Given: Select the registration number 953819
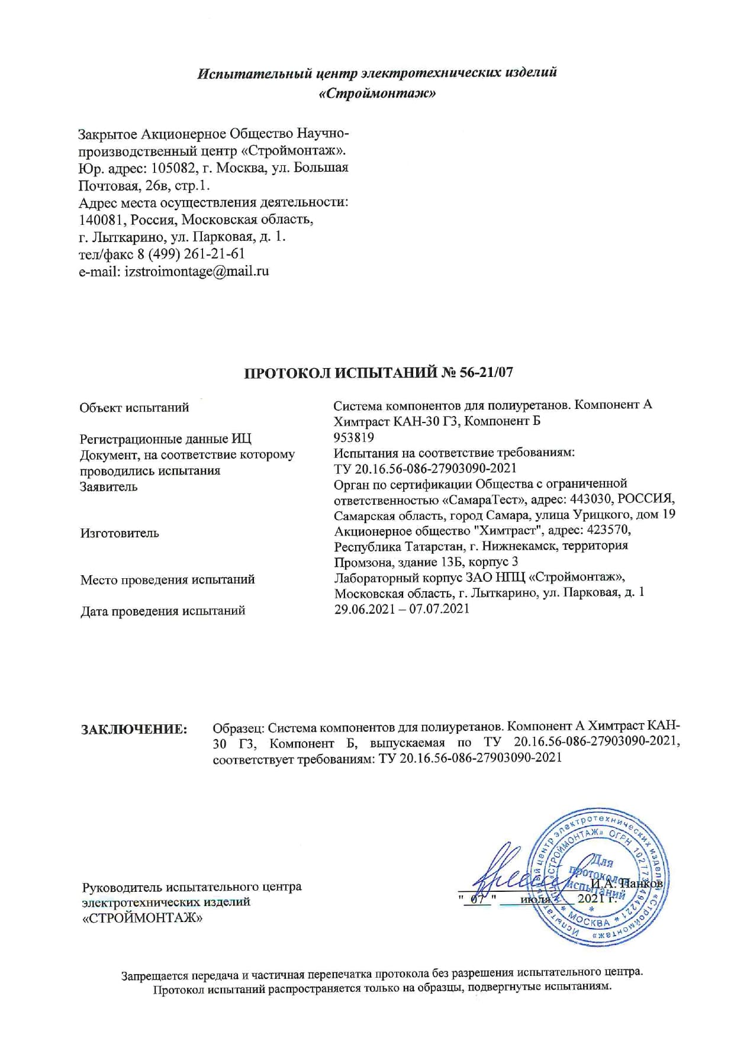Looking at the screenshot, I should pos(354,437).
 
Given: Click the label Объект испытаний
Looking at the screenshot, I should pos(134,407).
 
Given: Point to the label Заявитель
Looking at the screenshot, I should pos(109,486).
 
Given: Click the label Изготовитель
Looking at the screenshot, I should pos(120,533).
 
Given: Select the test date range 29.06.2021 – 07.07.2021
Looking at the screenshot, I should pos(402,608).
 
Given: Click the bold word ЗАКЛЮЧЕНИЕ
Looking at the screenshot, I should pos(134,729).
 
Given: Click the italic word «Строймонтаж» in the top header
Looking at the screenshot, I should pos(378,94).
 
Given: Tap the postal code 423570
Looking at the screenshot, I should pos(607,529).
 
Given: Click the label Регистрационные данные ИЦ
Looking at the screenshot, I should pos(166,439).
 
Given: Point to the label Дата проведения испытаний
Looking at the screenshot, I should pos(163,611).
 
